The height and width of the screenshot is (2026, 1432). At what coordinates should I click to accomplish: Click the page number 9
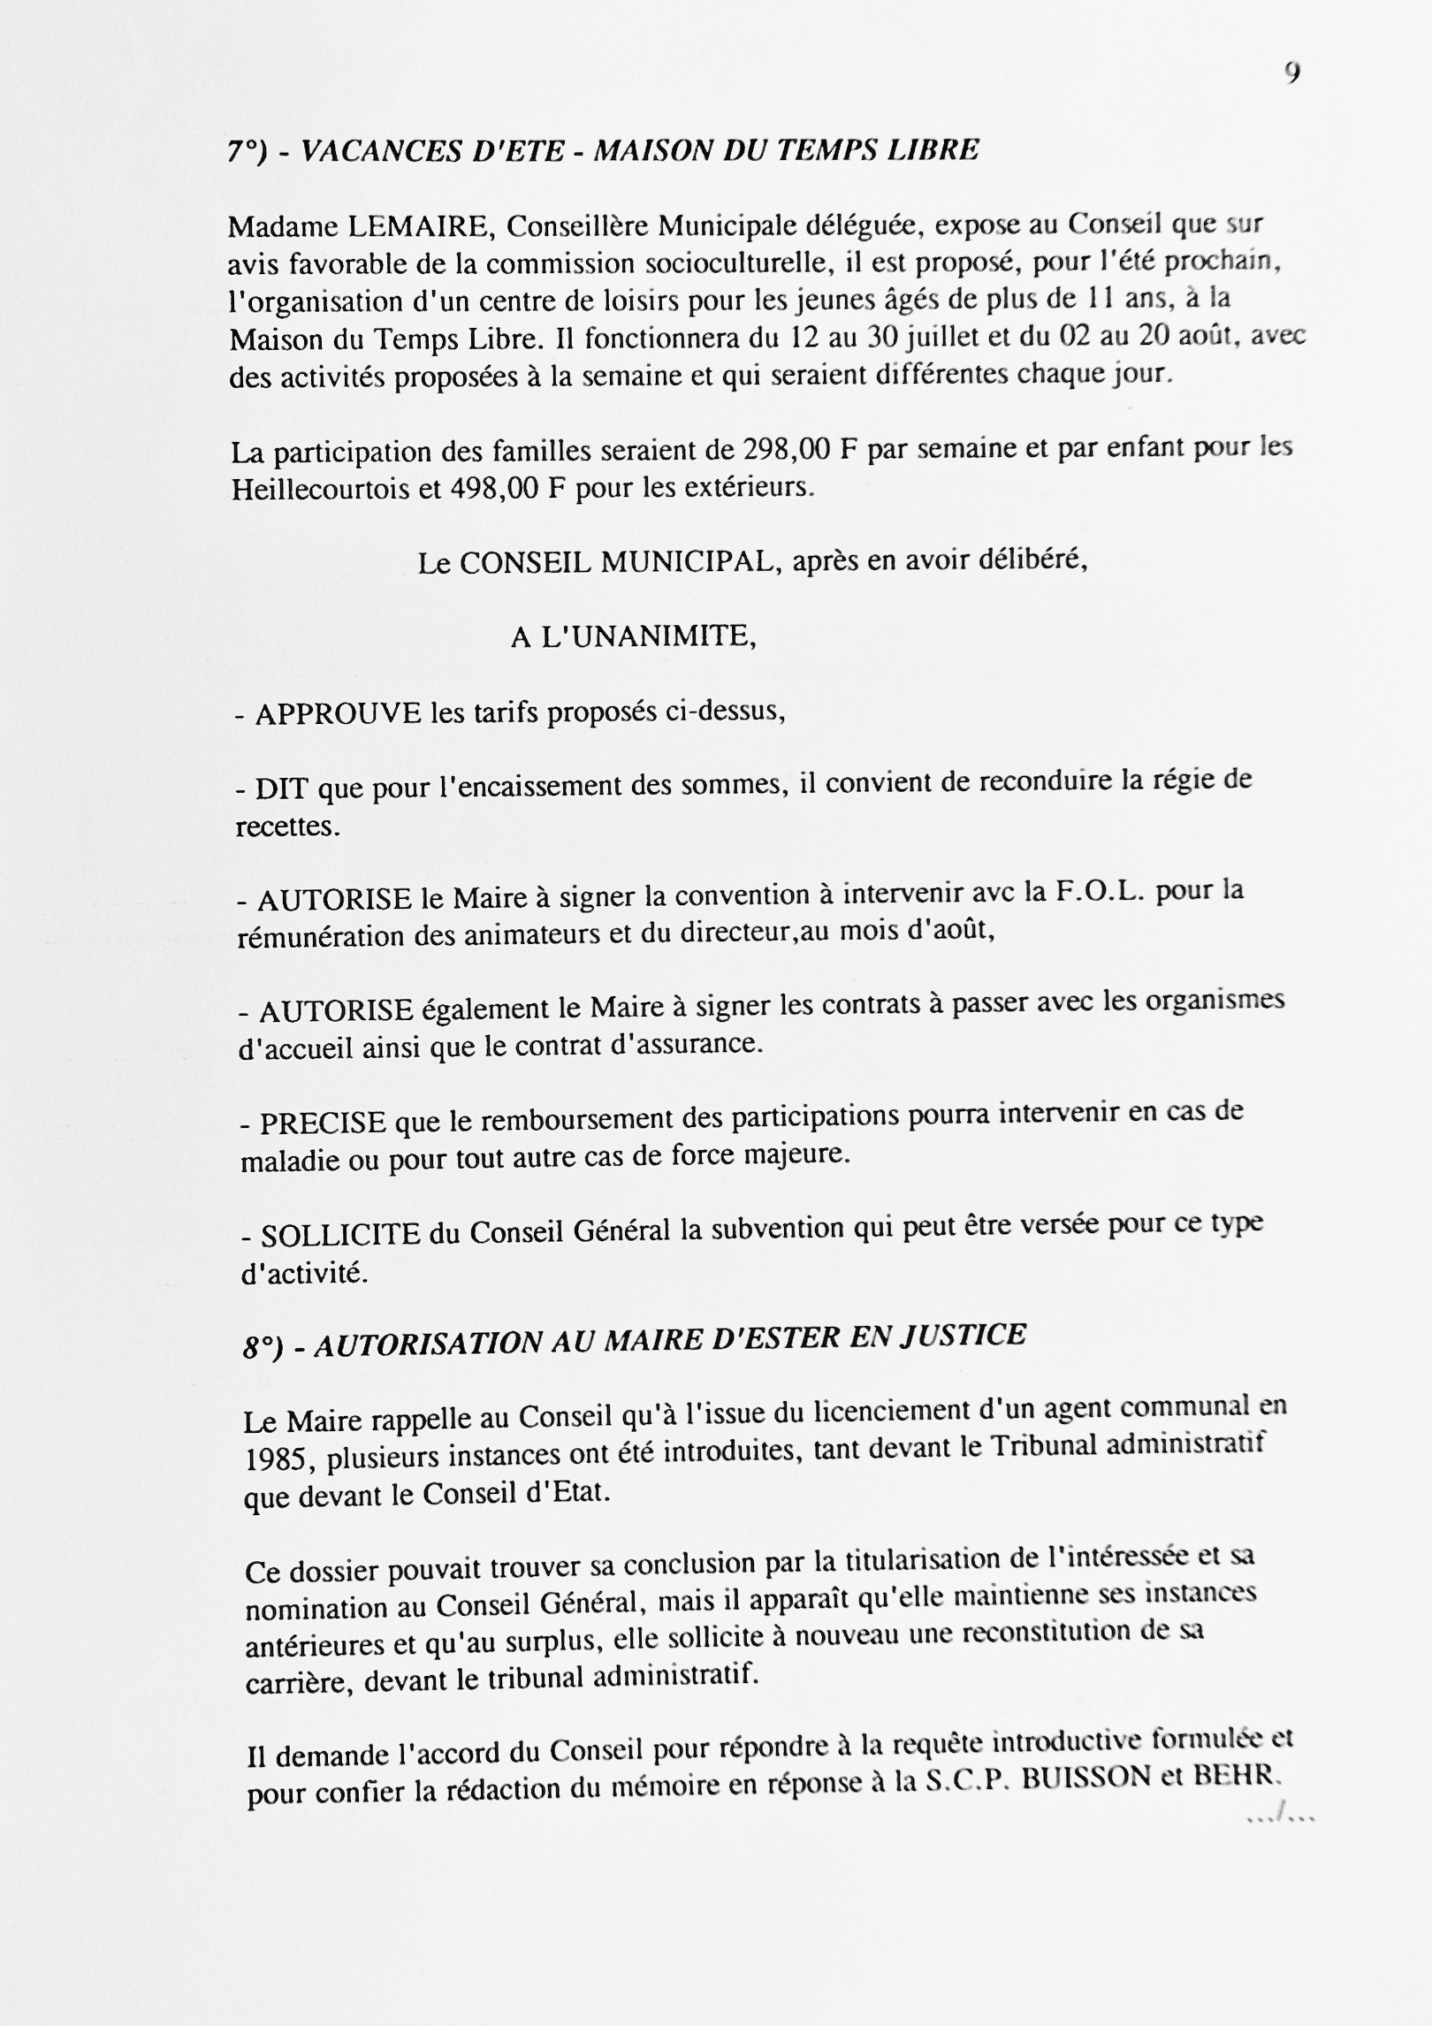[x=1292, y=74]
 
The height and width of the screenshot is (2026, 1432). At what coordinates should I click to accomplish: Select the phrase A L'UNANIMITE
[x=633, y=636]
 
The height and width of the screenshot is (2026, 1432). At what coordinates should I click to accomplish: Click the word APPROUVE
[x=338, y=713]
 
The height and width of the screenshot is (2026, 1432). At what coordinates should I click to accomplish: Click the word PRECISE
[x=323, y=1123]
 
